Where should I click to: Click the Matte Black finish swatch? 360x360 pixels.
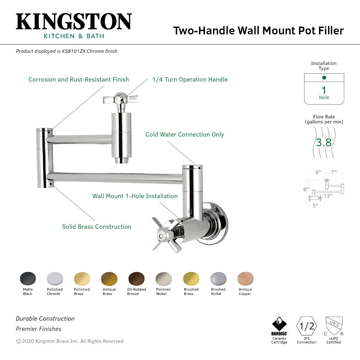pos(28,278)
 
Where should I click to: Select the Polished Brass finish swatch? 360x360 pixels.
pos(82,278)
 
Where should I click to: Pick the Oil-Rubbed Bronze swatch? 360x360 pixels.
pos(137,278)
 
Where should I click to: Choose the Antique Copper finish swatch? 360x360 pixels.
pos(245,278)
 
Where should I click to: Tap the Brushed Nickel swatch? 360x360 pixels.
pos(218,278)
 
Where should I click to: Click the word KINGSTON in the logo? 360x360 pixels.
pos(74,22)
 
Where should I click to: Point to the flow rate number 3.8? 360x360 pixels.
pos(323,142)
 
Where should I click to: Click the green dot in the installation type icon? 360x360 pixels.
pos(324,77)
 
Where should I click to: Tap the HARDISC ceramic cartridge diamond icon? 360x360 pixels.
pos(279,324)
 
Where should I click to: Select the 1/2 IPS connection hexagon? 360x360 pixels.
pos(307,326)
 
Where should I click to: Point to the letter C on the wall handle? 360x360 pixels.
pos(161,236)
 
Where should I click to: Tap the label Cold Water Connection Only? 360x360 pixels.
pos(185,135)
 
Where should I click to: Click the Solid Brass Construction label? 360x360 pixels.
pos(97,227)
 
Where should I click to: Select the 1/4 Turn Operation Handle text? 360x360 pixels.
pos(190,80)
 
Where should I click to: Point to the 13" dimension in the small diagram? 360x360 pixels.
pos(328,196)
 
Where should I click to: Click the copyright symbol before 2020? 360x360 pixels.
pos(18,341)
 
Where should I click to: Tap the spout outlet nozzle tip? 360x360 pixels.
pos(122,161)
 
